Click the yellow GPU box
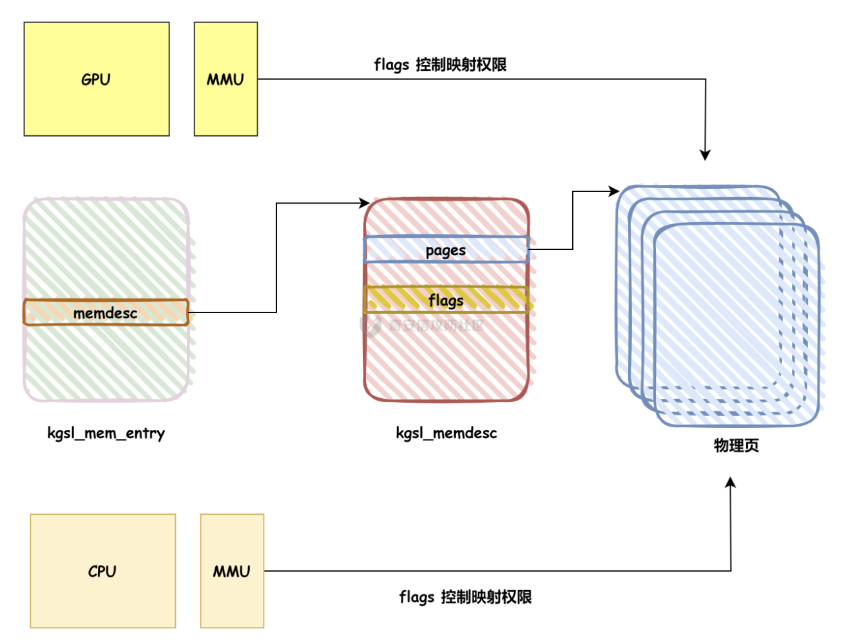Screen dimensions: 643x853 [97, 103]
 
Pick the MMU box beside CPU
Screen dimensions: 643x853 [232, 599]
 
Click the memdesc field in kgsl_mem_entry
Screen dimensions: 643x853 [106, 312]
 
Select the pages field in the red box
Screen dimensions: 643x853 [446, 250]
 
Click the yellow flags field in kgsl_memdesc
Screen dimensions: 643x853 [446, 300]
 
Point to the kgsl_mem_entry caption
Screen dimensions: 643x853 [106, 433]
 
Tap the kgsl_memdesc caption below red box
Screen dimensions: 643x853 [446, 433]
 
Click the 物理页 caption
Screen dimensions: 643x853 [736, 445]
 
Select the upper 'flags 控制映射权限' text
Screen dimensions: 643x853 [440, 64]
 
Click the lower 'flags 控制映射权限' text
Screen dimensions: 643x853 [465, 597]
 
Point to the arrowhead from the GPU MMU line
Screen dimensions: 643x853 [705, 155]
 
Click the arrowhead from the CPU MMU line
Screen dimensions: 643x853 [731, 482]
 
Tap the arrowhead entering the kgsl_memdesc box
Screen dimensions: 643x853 [365, 204]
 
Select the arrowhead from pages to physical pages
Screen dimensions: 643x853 [614, 191]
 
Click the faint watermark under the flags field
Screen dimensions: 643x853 [425, 325]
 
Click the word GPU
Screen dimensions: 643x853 [96, 79]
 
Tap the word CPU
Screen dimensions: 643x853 [102, 571]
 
